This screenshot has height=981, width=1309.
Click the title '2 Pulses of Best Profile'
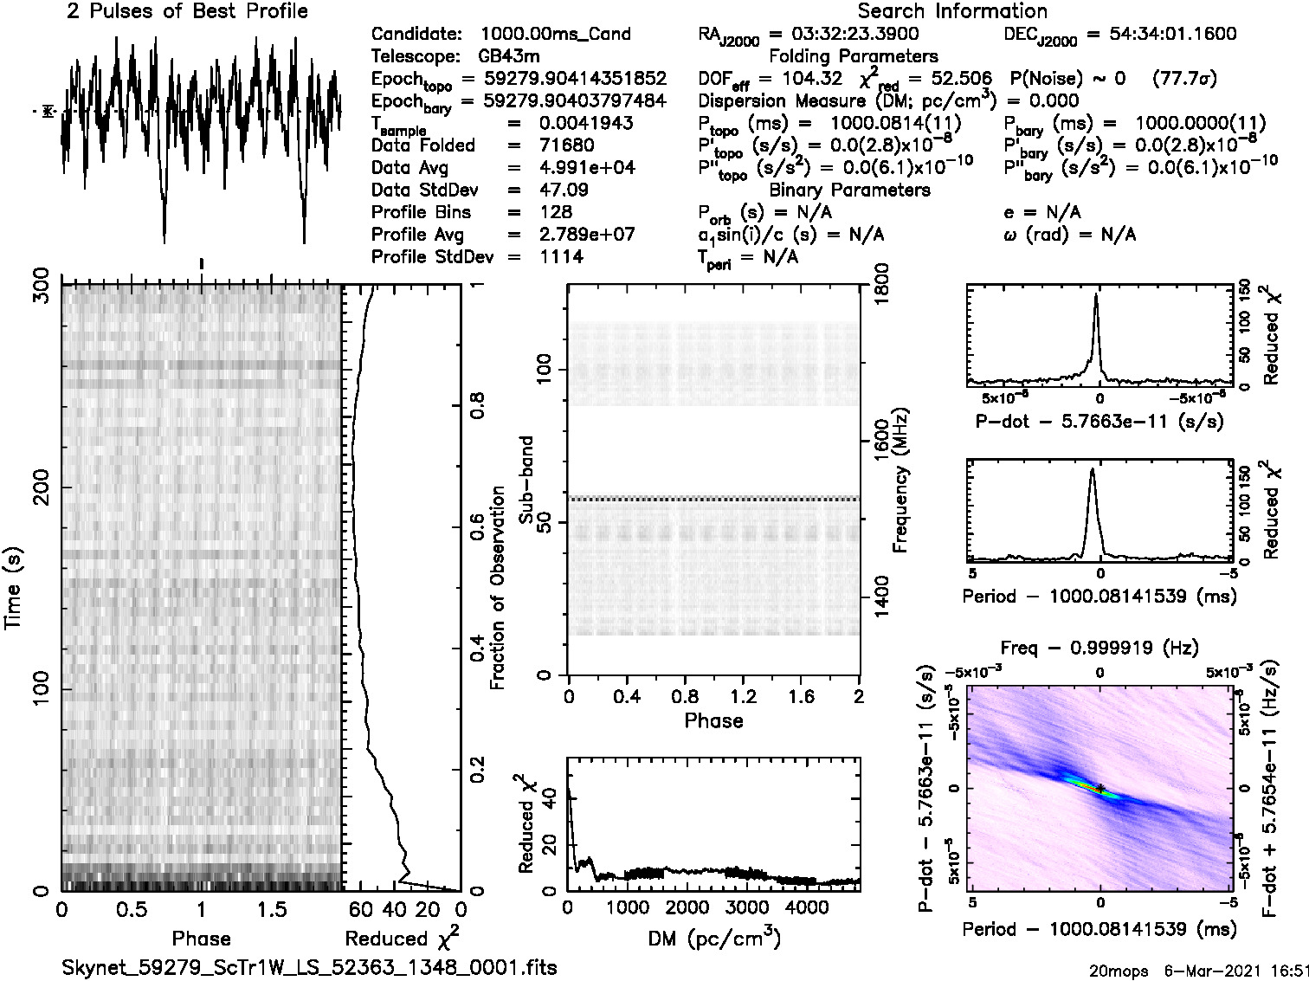pos(187,11)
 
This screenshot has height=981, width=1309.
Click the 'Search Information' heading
pos(952,11)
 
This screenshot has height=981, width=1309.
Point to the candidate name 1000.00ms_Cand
pos(555,35)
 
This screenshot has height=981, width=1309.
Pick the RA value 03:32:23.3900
pos(843,35)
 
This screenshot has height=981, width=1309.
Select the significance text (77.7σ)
pos(1185,79)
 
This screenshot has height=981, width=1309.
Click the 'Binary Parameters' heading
pos(849,190)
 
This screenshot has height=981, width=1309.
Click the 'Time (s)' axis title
pos(15,587)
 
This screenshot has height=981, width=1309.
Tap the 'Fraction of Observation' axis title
pos(498,587)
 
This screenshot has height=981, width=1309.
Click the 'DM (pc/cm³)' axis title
pos(713,938)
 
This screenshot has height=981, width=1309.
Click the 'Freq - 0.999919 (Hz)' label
pos(1099,647)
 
